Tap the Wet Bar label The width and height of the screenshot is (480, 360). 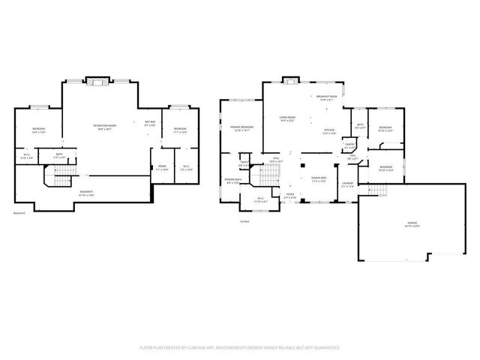coord(149,123)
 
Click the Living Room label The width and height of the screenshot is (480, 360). coord(286,118)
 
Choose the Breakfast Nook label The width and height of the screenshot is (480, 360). coord(325,98)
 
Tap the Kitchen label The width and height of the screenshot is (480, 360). coord(329,132)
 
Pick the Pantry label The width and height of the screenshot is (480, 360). coord(349,147)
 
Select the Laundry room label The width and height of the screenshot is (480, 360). coord(347,184)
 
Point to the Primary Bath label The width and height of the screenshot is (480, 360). coord(232,181)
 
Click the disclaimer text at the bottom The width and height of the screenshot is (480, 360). coord(240,348)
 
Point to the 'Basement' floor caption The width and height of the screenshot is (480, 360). coord(19,213)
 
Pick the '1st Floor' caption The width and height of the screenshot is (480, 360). coord(244,221)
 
